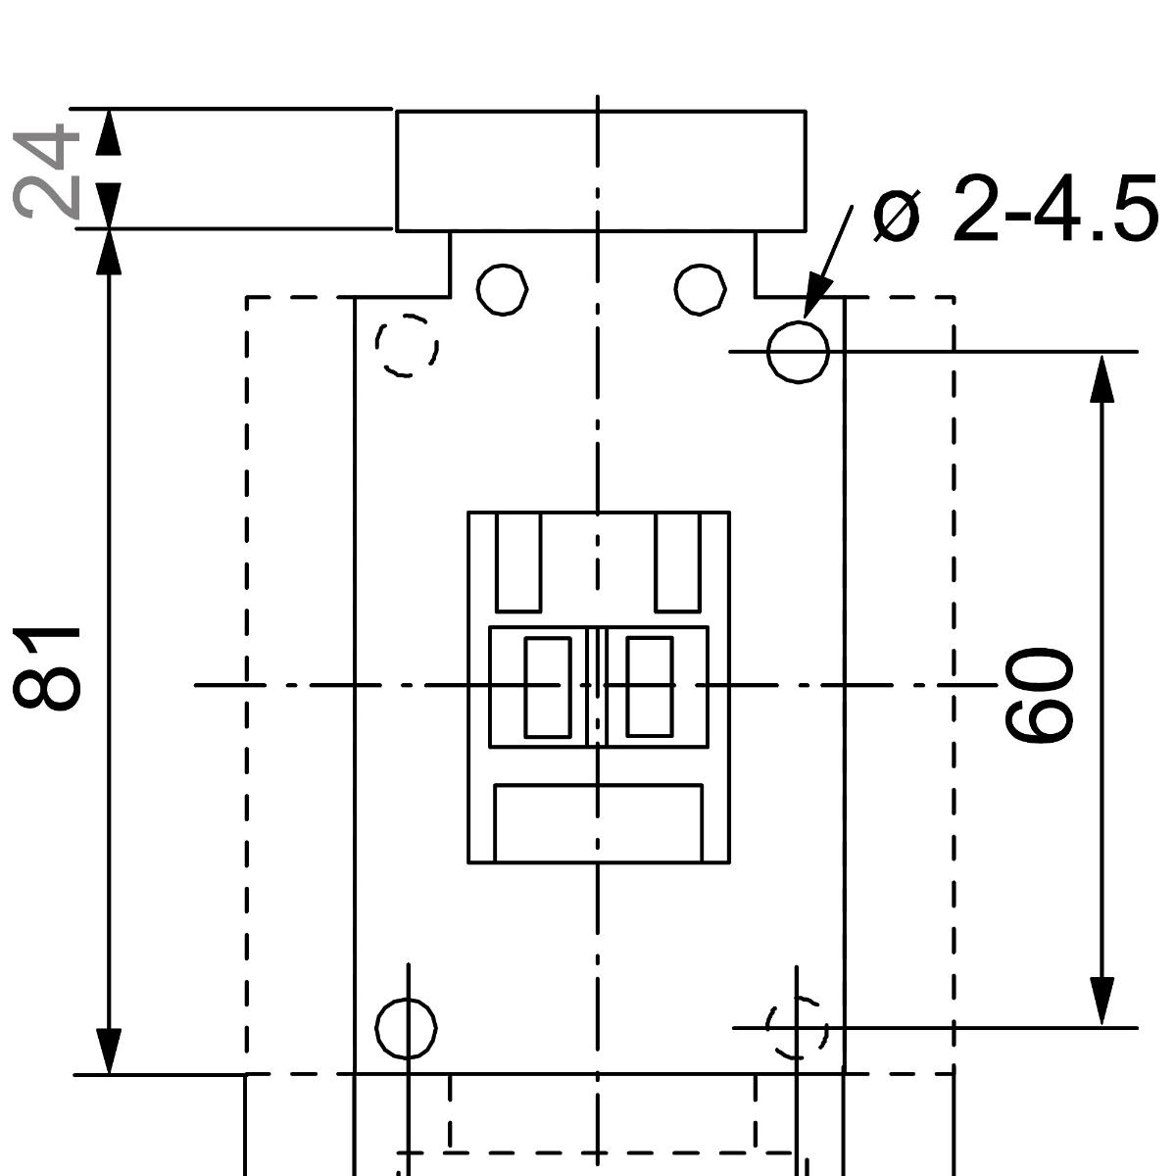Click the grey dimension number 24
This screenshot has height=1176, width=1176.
coord(47,170)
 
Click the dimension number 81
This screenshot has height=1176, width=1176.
coord(47,666)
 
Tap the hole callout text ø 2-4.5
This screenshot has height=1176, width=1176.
coord(1015,209)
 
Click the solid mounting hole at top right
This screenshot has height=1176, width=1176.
coord(798,351)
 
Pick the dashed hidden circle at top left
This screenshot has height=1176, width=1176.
coord(407,345)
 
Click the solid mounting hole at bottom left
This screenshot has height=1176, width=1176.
coord(406,1028)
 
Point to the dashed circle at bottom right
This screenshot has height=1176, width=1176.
coord(797,1028)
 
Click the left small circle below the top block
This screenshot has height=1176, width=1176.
coord(503,289)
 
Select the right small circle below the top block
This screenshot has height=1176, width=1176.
coord(701,289)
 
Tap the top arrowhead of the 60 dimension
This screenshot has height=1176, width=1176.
coord(1102,377)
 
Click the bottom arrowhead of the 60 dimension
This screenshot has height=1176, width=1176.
coord(1102,1002)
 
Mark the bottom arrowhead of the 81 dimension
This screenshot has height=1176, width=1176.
coord(109,1051)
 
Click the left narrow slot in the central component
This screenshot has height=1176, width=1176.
coord(548,686)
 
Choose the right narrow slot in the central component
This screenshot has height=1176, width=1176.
coord(649,686)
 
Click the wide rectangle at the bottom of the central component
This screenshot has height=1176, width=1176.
coord(598,823)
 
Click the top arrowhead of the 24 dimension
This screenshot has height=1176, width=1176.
coord(109,132)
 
